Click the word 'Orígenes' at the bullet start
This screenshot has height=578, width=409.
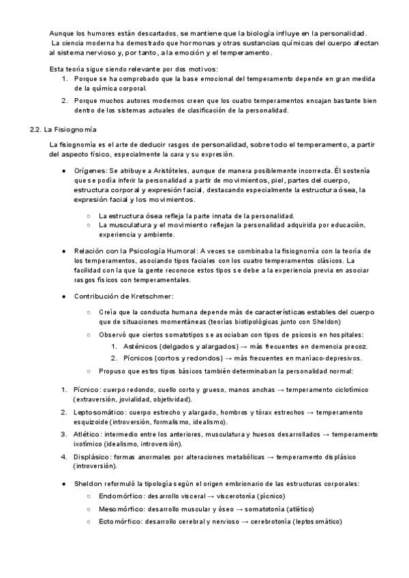[x=91, y=168]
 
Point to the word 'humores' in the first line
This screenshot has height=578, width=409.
[x=100, y=33]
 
